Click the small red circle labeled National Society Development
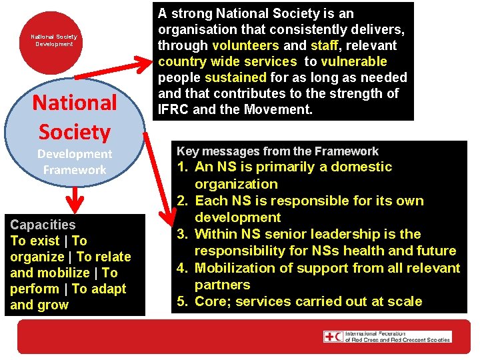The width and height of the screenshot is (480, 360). click(x=53, y=40)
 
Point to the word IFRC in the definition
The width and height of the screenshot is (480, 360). click(x=173, y=109)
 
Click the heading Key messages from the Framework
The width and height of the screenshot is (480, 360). click(x=277, y=151)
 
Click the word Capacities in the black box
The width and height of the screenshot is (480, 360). click(x=43, y=225)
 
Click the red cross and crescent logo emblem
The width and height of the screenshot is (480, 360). click(x=333, y=337)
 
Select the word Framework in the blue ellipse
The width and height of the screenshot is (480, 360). click(x=75, y=170)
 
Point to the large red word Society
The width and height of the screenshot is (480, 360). click(x=75, y=132)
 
